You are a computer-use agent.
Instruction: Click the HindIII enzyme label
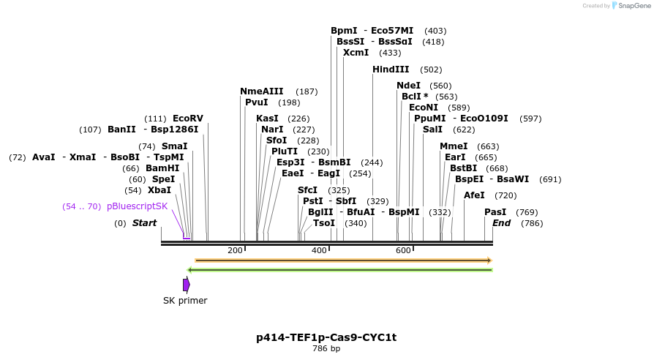391,70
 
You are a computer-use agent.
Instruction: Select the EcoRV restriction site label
188,119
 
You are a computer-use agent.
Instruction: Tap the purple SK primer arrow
187,285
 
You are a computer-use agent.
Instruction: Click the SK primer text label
185,301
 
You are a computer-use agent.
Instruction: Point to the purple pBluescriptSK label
137,206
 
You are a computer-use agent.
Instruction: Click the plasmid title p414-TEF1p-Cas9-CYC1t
326,337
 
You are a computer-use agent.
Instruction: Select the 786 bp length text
326,348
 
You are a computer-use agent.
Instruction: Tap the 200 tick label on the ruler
235,250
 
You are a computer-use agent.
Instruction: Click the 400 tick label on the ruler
319,250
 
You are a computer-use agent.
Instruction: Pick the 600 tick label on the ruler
403,250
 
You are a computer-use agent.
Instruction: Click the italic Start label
144,223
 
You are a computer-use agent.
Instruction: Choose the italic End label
502,223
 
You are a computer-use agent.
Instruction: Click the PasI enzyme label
495,212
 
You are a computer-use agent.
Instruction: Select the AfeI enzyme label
475,195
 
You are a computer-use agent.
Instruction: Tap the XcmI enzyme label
356,53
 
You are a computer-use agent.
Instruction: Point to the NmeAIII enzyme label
261,91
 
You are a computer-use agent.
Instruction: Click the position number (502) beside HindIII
431,70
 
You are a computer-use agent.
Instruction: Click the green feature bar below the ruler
341,270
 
